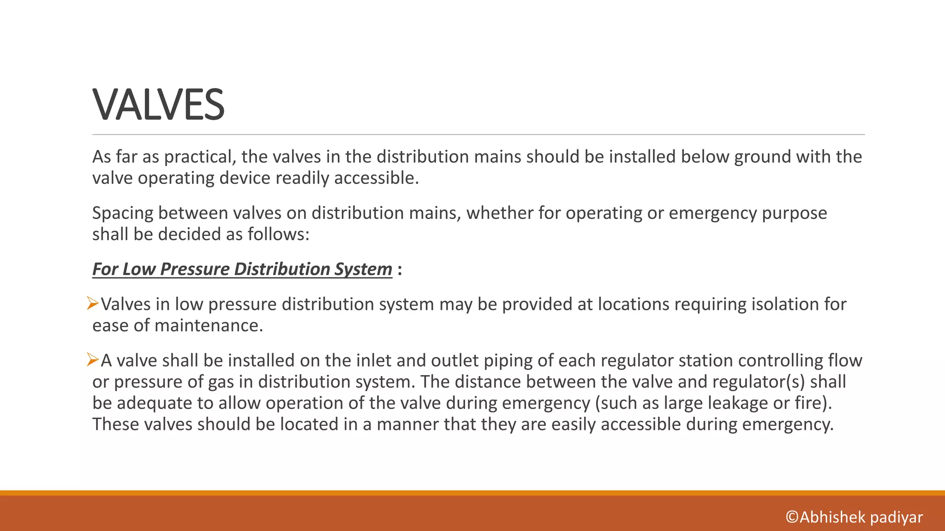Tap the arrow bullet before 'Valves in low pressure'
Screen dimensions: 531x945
[x=93, y=304]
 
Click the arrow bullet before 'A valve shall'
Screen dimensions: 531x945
[x=93, y=360]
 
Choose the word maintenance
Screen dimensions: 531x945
[x=209, y=325]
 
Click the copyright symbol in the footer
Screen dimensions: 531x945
[x=792, y=517]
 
